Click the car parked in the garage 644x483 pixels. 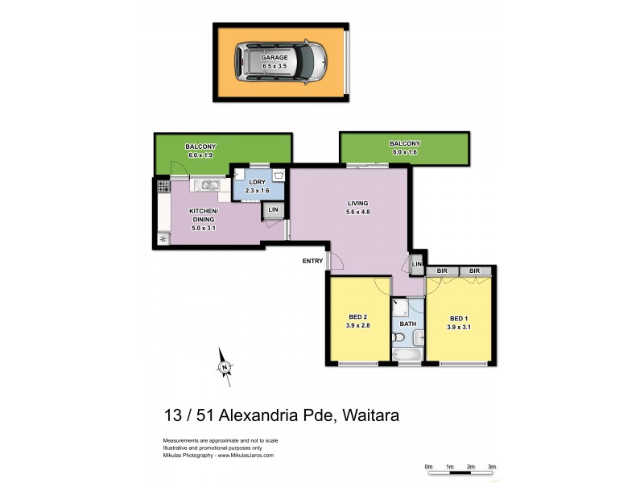tap(280, 62)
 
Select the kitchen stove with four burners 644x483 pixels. tap(163, 186)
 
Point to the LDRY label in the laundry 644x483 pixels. tap(258, 182)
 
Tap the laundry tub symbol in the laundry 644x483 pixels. tap(279, 175)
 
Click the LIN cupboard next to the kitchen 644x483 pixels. tap(273, 210)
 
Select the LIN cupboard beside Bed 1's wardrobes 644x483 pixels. tap(417, 265)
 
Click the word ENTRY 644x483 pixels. tap(312, 261)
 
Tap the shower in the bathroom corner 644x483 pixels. tap(400, 307)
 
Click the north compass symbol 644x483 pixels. tap(225, 367)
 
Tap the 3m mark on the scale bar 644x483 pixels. tap(492, 466)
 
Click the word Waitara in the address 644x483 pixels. tap(370, 415)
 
